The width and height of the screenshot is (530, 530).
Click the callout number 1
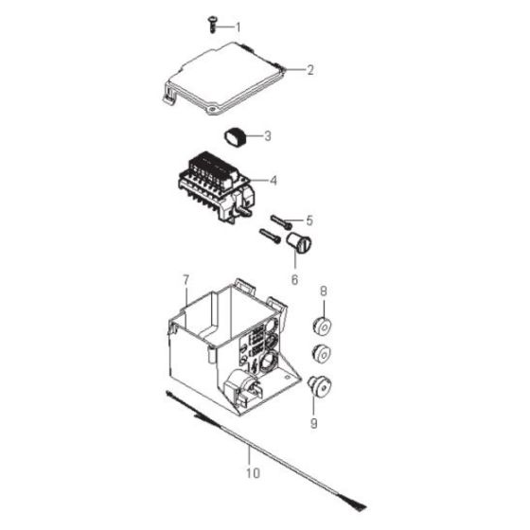click(x=238, y=26)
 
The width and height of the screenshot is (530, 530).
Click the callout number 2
click(x=309, y=69)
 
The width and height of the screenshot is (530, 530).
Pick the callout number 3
click(x=268, y=136)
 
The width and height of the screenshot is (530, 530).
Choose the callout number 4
click(x=273, y=180)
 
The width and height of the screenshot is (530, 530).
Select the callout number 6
click(x=294, y=279)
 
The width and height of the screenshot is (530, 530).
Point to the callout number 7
click(x=186, y=280)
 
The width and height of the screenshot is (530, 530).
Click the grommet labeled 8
click(x=323, y=327)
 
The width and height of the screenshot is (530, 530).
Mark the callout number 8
click(x=323, y=292)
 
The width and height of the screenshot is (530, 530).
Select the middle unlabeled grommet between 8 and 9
click(x=323, y=356)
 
